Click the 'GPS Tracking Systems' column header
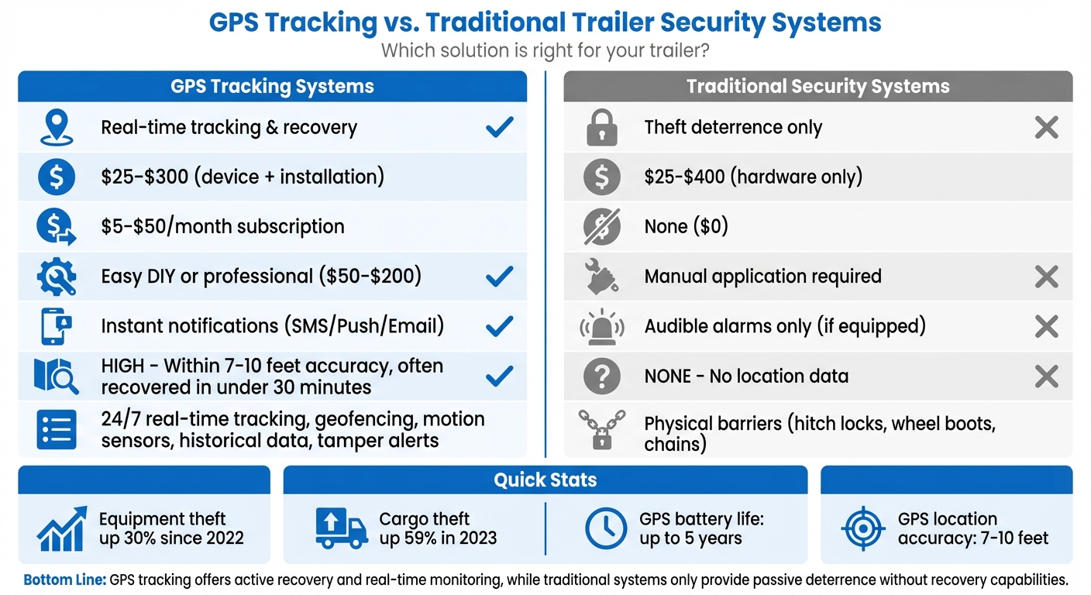click(x=272, y=86)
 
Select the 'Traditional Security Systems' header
click(x=817, y=86)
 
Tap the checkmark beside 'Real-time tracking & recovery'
click(x=499, y=127)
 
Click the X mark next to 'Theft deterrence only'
click(x=1046, y=127)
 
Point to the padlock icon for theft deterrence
click(x=602, y=128)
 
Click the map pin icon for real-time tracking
click(x=57, y=128)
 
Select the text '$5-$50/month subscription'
click(x=222, y=227)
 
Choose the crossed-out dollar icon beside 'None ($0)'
click(x=602, y=227)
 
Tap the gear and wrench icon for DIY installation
click(x=57, y=277)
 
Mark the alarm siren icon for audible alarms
click(x=602, y=326)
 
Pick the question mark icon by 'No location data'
click(x=602, y=377)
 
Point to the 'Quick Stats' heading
click(x=545, y=480)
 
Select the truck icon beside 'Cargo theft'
click(x=342, y=528)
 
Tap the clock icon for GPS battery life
click(x=605, y=528)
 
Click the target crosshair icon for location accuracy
click(x=862, y=528)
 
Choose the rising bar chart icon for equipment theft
click(x=61, y=528)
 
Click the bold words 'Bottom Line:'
click(x=65, y=580)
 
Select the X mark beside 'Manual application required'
click(x=1046, y=277)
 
